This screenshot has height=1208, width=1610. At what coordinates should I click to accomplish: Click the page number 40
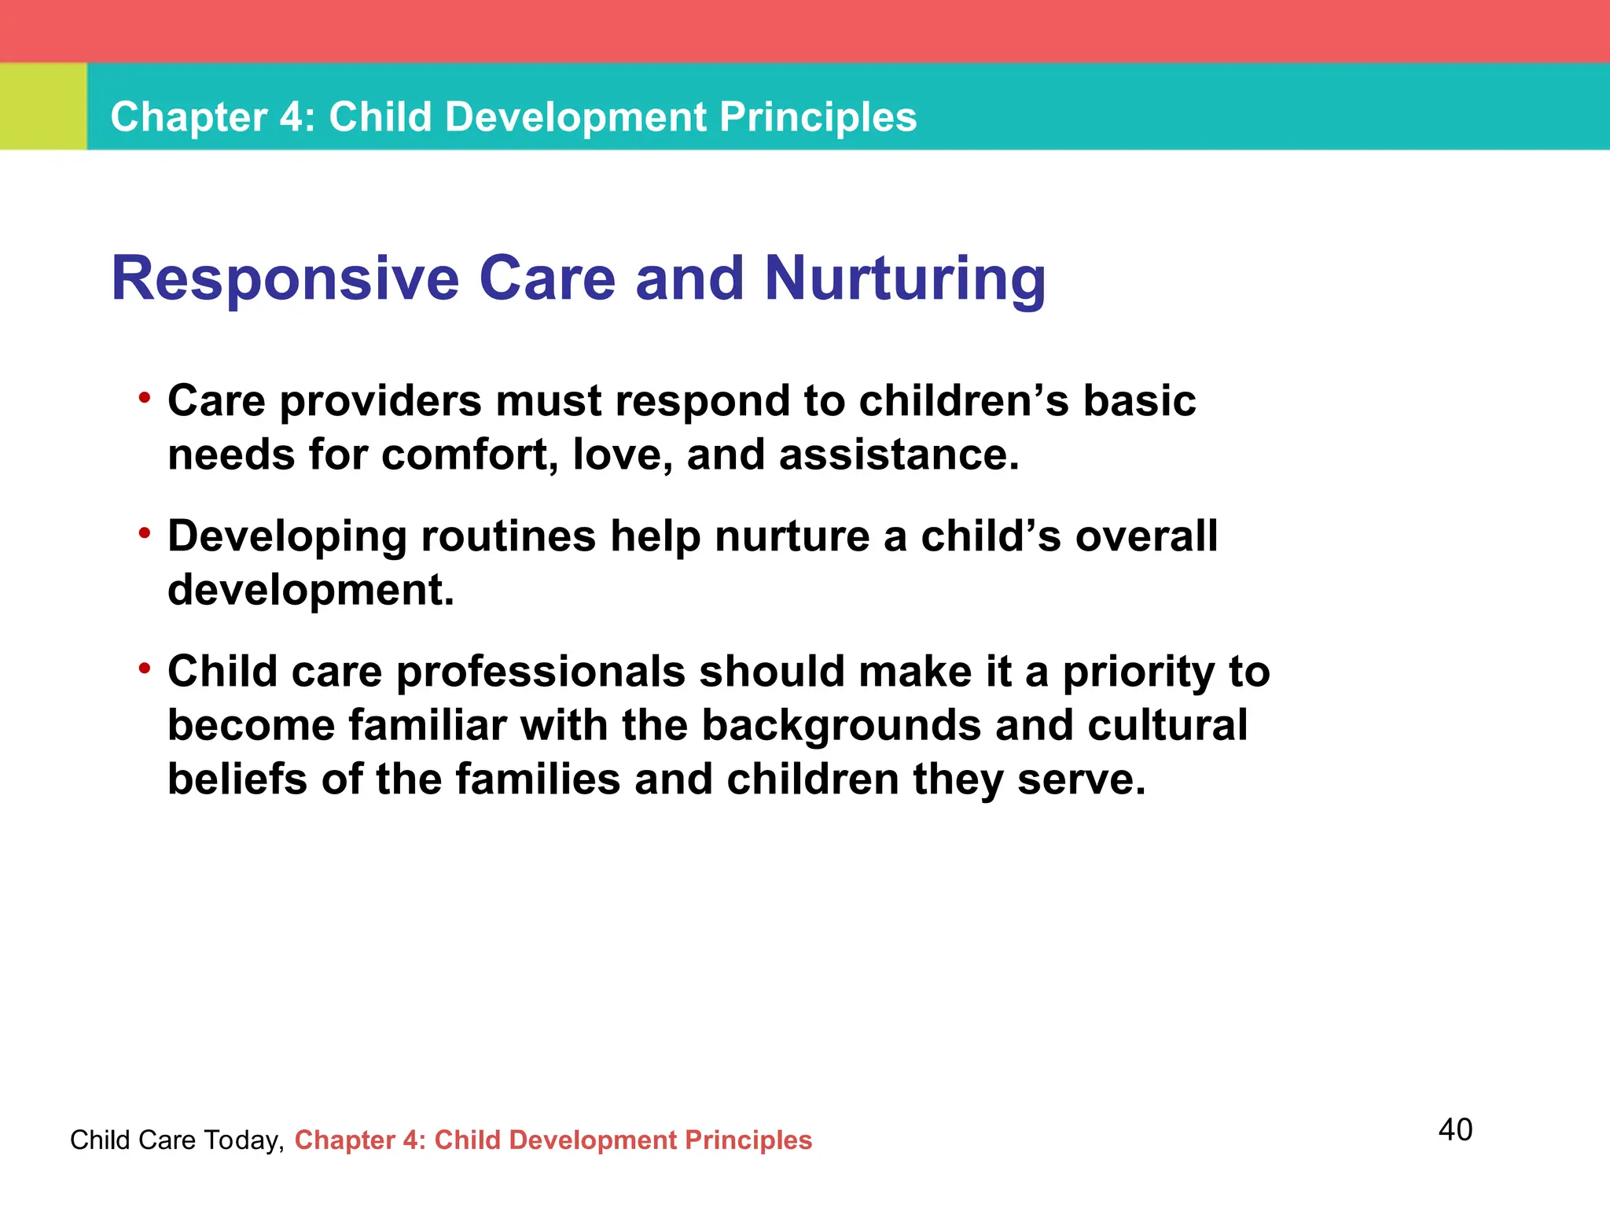point(1455,1129)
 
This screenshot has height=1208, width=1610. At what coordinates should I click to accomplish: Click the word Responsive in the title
point(285,279)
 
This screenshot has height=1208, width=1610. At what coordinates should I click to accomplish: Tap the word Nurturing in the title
point(905,279)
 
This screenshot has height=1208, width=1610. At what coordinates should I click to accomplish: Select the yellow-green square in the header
point(43,106)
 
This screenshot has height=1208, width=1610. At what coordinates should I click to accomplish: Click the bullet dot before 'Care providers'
point(144,398)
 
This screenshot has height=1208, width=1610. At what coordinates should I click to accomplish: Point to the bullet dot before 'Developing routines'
point(144,534)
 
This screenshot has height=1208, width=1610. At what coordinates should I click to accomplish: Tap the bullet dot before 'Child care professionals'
point(144,669)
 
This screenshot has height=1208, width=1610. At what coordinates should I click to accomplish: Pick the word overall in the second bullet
point(1146,536)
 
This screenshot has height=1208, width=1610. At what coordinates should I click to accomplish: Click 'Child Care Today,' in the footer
point(177,1140)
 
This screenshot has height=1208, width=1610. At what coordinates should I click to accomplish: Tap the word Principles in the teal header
point(818,117)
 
